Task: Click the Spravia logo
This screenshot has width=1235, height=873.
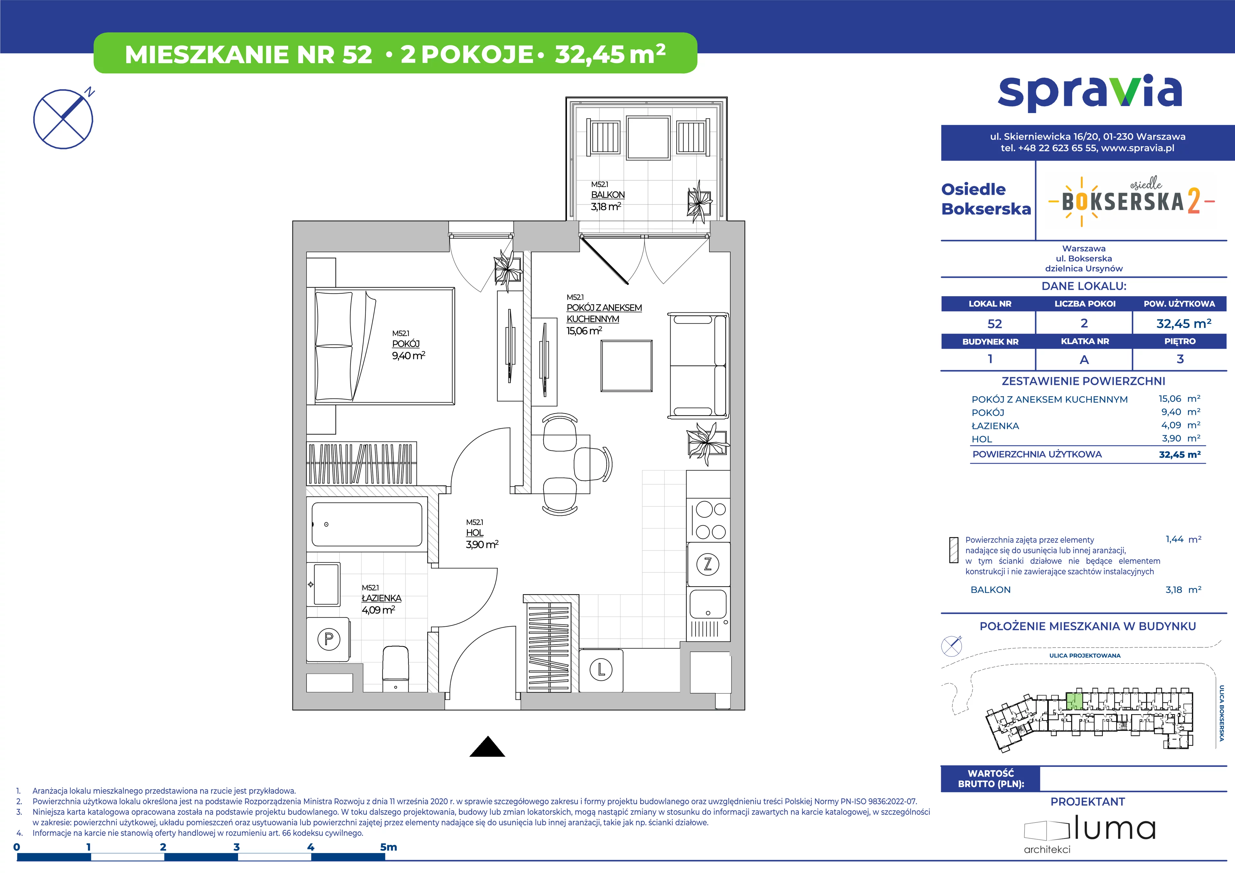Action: click(1090, 94)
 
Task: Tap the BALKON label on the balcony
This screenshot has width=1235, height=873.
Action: click(608, 195)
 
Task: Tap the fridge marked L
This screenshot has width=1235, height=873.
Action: click(601, 670)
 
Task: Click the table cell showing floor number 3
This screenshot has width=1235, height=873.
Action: click(1180, 359)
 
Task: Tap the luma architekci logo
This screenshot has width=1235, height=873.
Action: click(1090, 836)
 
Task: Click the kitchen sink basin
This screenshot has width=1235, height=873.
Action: click(708, 604)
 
